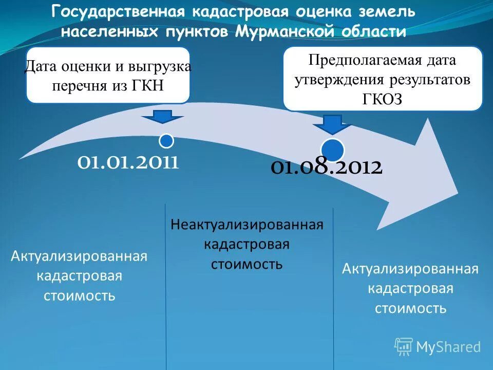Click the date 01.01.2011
pyautogui.click(x=128, y=162)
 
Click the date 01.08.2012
pyautogui.click(x=326, y=168)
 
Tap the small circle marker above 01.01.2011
pyautogui.click(x=166, y=140)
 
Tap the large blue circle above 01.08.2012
pyautogui.click(x=333, y=149)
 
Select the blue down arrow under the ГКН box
pyautogui.click(x=163, y=117)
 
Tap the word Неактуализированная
pyautogui.click(x=246, y=225)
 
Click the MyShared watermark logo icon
pyautogui.click(x=404, y=346)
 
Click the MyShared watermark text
pyautogui.click(x=448, y=347)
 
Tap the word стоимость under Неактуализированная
pyautogui.click(x=246, y=264)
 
